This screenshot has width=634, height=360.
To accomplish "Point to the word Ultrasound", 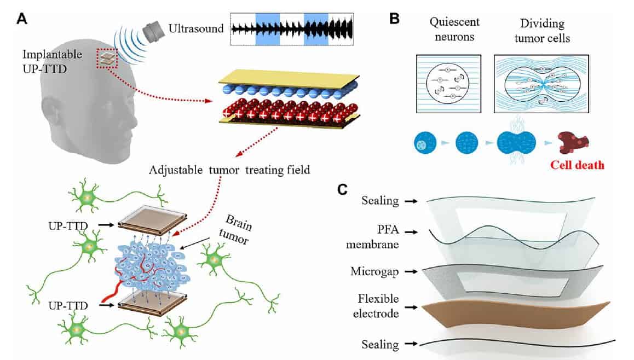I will click(x=196, y=28).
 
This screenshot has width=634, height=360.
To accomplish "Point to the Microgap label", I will click(x=377, y=271).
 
